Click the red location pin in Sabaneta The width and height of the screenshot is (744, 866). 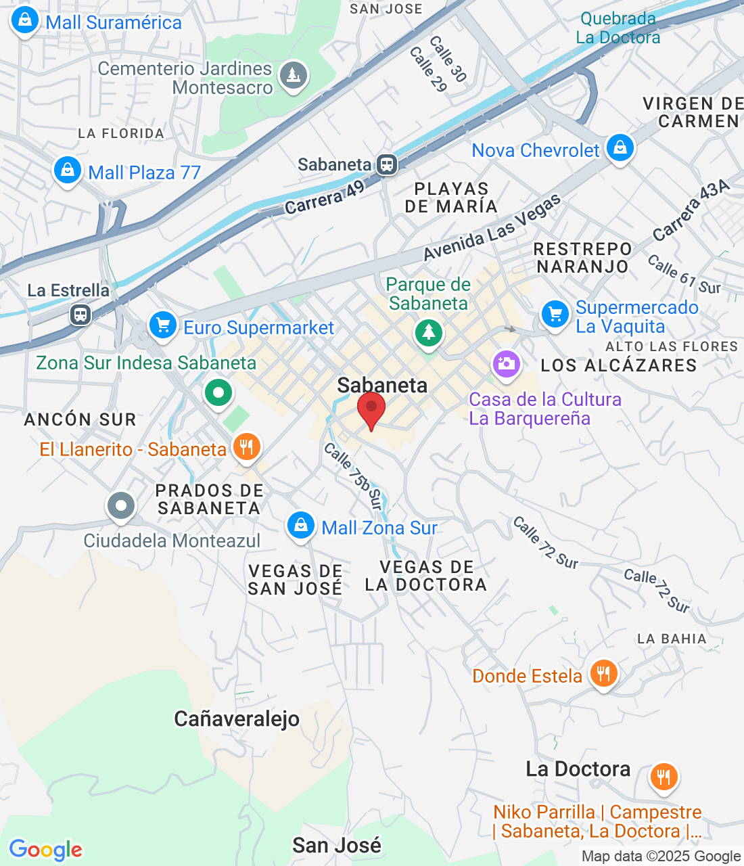pos(371,409)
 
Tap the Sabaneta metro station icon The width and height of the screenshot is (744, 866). pos(387,164)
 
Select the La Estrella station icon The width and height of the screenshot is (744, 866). pos(80,314)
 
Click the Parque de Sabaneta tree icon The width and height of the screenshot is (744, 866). pos(428,332)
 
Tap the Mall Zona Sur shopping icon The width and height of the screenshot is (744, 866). pos(300,525)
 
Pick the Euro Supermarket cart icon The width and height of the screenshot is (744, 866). pos(162,325)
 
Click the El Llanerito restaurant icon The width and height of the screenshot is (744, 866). pos(246,447)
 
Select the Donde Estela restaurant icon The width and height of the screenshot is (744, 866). pos(603,673)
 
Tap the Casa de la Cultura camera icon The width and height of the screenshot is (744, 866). pos(506,364)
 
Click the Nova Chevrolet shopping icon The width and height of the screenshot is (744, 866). pos(620,147)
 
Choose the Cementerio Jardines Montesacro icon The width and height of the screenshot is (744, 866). pos(294,76)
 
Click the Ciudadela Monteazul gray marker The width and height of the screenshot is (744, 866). pos(121,505)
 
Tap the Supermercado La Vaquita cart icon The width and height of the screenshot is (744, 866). pos(555,314)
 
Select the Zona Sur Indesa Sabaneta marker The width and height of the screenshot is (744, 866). pos(218,392)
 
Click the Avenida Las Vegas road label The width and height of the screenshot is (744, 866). pos(492,227)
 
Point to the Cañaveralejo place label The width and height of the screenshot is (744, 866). pos(237,719)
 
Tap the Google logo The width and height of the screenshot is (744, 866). pos(46,850)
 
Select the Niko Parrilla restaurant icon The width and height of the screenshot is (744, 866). pos(664,777)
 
